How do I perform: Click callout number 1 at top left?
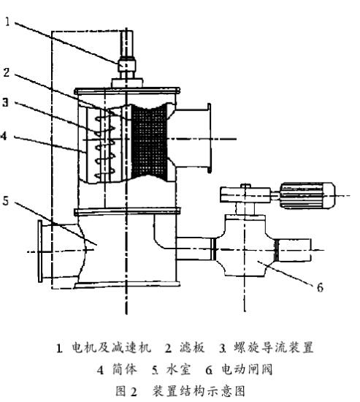click(x=7, y=22)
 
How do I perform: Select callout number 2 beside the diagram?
click(x=7, y=72)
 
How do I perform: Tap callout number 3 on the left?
click(x=5, y=102)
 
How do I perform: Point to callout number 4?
click(x=4, y=136)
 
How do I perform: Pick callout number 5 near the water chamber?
click(x=5, y=201)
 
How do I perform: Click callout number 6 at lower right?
click(x=320, y=287)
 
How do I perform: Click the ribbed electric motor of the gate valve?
click(x=307, y=195)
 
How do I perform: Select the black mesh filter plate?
click(x=149, y=140)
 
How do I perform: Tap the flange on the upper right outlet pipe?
click(x=209, y=138)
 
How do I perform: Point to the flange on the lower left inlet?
click(x=40, y=251)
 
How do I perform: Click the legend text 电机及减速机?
click(x=112, y=347)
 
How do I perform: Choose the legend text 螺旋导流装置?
click(x=274, y=347)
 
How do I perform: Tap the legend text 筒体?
click(x=125, y=369)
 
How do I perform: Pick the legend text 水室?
click(x=179, y=369)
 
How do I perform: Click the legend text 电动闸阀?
click(x=247, y=369)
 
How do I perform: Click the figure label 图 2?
click(x=126, y=391)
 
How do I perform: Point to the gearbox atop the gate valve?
click(x=245, y=194)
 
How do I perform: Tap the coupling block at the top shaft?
click(x=126, y=65)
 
